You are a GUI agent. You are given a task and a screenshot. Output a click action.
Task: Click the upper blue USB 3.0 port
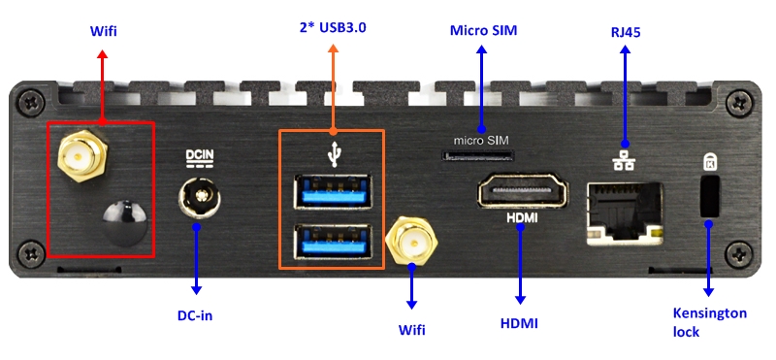333,190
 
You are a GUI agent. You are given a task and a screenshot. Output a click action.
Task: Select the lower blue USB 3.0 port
333,242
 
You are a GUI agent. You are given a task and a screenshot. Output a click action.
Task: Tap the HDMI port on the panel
523,190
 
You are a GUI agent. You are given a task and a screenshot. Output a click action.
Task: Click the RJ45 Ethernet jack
625,213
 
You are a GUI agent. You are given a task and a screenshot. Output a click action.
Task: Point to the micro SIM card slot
478,156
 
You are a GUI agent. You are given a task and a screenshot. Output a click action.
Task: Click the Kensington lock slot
710,196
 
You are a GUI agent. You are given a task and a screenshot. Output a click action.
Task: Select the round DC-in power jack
200,197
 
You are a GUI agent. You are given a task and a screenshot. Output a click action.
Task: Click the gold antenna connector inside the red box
82,156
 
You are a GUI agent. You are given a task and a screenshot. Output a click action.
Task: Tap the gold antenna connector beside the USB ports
411,243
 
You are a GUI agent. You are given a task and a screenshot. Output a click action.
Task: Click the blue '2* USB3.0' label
333,27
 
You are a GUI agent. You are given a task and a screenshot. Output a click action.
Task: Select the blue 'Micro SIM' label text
483,30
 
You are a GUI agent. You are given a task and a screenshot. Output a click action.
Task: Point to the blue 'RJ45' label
626,32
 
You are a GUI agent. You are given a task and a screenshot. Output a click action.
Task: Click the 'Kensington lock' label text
709,322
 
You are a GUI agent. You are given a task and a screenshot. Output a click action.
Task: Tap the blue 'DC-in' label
195,315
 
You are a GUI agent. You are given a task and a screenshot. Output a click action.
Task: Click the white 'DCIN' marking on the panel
200,155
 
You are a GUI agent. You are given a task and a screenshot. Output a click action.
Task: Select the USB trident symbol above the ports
335,153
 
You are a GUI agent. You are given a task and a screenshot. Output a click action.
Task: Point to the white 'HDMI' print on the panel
522,217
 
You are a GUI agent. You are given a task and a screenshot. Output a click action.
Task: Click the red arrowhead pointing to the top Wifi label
103,54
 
